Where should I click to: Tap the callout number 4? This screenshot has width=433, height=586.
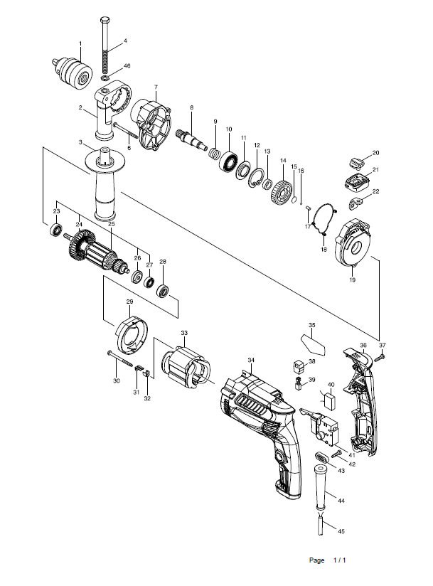(125, 41)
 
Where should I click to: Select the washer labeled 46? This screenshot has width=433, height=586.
(105, 78)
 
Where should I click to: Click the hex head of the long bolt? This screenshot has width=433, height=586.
(105, 20)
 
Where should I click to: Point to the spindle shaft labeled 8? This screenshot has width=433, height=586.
(191, 139)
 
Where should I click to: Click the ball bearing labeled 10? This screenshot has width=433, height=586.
(229, 161)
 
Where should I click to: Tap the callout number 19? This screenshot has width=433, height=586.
(353, 279)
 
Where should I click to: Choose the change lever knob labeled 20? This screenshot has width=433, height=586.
(357, 163)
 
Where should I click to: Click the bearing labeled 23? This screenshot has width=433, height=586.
(56, 230)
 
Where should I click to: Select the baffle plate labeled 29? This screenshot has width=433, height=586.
(131, 334)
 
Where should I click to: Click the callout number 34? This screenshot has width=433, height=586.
(251, 360)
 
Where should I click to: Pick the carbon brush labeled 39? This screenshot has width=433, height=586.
(299, 383)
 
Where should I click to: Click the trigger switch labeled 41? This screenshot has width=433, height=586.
(321, 427)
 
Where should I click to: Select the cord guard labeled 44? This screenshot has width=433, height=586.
(321, 487)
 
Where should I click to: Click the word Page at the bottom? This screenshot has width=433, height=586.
(316, 560)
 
